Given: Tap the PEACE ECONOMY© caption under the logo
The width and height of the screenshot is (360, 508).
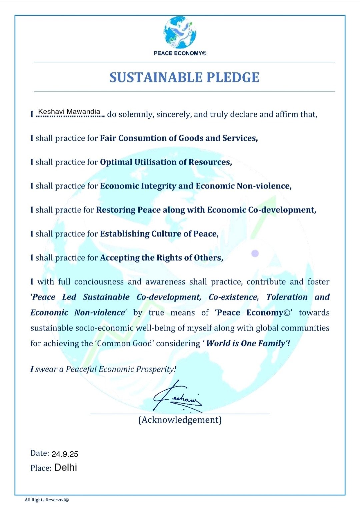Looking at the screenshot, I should (180, 53).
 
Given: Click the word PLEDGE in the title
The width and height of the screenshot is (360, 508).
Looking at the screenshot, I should (233, 77).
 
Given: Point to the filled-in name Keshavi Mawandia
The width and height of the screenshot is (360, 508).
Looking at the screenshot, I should (69, 111).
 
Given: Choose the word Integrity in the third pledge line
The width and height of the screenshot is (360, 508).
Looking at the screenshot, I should (158, 186).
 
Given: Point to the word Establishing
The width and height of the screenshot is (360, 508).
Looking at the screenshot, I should (125, 234).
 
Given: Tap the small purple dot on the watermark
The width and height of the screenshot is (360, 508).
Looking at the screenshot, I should (255, 253).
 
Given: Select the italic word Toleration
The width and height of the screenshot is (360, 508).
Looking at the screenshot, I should (287, 297).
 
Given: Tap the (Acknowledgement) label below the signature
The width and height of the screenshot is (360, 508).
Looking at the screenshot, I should (180, 420).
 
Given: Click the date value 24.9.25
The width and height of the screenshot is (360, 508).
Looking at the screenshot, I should (65, 454).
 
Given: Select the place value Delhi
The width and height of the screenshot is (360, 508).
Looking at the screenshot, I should (66, 467).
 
